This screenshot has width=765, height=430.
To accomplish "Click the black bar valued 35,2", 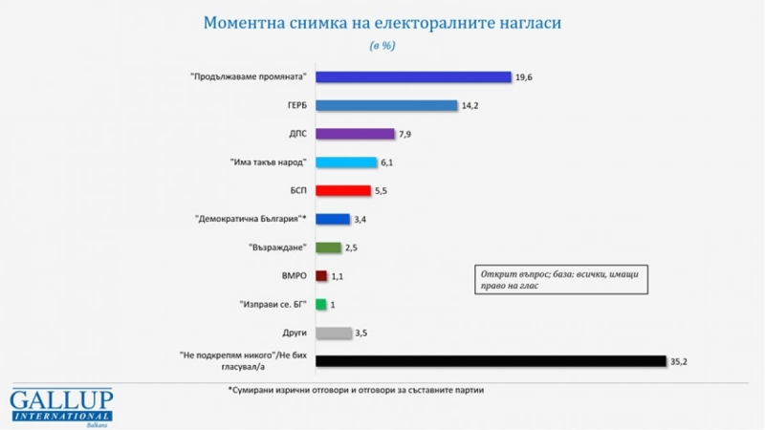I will pyautogui.click(x=490, y=360).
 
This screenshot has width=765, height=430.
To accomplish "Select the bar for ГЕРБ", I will pyautogui.click(x=386, y=105).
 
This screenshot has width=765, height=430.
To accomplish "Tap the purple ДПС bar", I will pyautogui.click(x=355, y=134).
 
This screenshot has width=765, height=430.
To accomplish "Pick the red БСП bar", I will pyautogui.click(x=342, y=190).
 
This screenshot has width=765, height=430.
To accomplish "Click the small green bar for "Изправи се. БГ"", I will pyautogui.click(x=321, y=304).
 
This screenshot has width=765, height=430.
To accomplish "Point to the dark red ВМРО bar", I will pyautogui.click(x=321, y=276).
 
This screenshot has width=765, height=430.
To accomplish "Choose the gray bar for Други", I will pyautogui.click(x=334, y=333).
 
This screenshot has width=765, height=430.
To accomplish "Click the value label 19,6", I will pyautogui.click(x=524, y=77).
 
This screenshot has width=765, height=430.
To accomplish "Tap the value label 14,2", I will pyautogui.click(x=469, y=106).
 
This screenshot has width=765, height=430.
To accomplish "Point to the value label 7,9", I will pyautogui.click(x=405, y=135).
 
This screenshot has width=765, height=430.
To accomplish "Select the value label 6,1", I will pyautogui.click(x=387, y=163).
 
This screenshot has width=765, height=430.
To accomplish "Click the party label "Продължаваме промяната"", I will pyautogui.click(x=249, y=77).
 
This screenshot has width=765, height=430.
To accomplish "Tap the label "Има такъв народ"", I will pyautogui.click(x=265, y=162).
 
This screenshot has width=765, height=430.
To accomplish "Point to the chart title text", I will pyautogui.click(x=382, y=22).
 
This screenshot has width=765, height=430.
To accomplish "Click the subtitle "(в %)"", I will pyautogui.click(x=382, y=46).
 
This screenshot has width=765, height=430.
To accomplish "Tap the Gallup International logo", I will pyautogui.click(x=61, y=406).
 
